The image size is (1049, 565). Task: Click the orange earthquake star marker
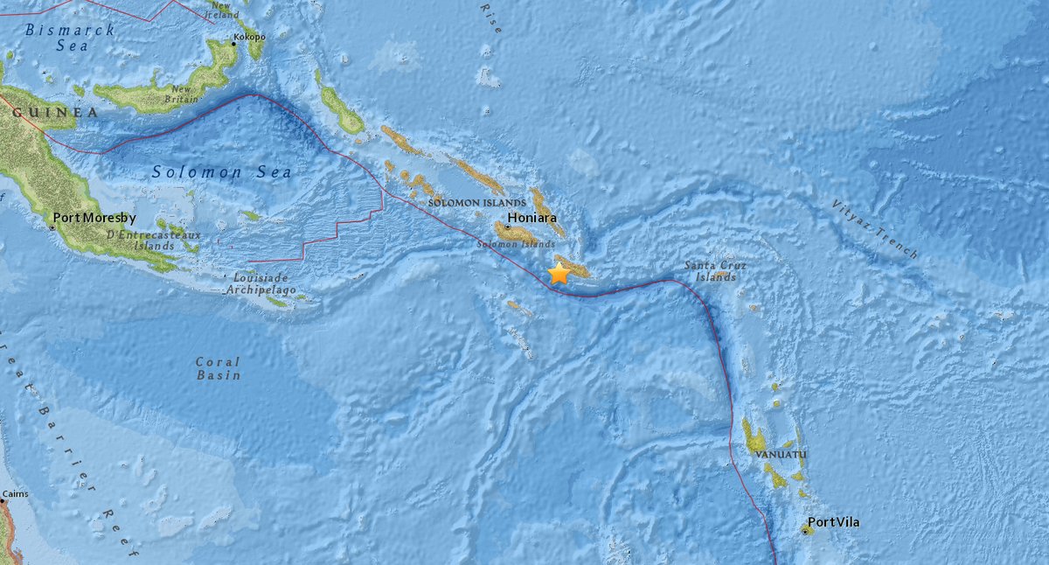559,273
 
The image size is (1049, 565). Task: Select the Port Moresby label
91,217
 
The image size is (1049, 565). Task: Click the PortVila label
833,522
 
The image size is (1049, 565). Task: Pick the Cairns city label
15,494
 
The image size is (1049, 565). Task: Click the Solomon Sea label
222,172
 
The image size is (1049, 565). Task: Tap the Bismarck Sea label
58,37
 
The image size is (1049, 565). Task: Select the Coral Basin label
218,367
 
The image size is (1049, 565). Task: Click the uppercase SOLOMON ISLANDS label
465,203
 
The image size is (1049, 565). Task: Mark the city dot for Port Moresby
52,227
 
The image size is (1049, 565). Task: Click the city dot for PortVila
804,530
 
